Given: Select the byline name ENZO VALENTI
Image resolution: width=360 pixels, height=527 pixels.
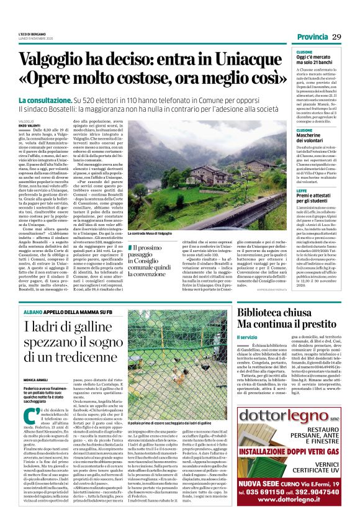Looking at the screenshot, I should [x=30, y=125].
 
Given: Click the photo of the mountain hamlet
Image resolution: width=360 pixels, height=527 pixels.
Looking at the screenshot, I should [x=183, y=174].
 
